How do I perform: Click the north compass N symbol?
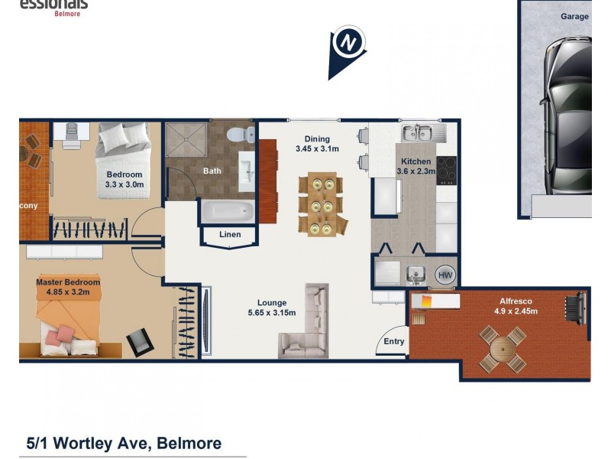[349, 43]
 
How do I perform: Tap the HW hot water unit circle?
[445, 275]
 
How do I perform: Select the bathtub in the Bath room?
[227, 210]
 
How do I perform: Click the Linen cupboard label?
[230, 234]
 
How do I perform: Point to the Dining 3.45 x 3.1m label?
[317, 144]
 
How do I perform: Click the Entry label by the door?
[394, 341]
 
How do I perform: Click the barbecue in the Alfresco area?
[575, 308]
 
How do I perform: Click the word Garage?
[575, 16]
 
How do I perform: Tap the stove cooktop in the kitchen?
[446, 170]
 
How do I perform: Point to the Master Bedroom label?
[68, 282]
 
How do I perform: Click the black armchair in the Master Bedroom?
[139, 341]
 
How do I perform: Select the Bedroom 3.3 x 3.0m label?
[124, 179]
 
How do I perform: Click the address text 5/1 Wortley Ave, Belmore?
[124, 443]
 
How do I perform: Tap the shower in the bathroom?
[186, 142]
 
